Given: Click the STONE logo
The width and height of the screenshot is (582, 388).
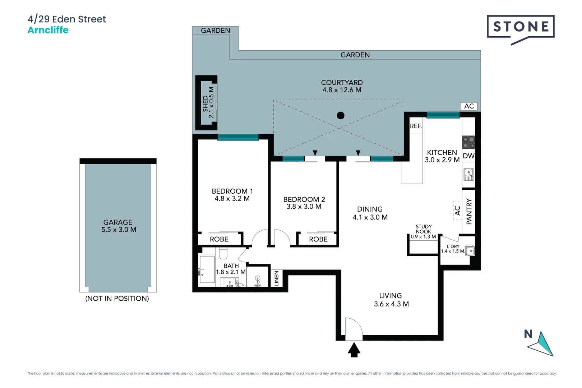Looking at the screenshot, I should pyautogui.click(x=521, y=27).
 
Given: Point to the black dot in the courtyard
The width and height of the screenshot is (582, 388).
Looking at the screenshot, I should pyautogui.click(x=341, y=115).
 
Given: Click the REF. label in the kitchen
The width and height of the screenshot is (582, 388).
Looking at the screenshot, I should pyautogui.click(x=416, y=126).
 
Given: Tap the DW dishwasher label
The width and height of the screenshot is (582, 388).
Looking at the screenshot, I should pyautogui.click(x=468, y=156).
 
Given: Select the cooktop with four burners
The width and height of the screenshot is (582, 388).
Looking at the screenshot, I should pyautogui.click(x=468, y=142).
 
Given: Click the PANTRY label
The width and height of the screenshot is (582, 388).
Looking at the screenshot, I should pyautogui.click(x=469, y=212).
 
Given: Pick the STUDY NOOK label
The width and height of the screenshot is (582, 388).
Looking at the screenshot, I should pyautogui.click(x=424, y=229).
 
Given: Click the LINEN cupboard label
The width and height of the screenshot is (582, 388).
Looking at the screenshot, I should pyautogui.click(x=276, y=278).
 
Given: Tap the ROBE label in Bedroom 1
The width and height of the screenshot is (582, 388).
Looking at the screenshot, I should pyautogui.click(x=219, y=239).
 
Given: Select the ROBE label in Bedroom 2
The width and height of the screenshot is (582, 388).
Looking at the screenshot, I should pyautogui.click(x=318, y=239).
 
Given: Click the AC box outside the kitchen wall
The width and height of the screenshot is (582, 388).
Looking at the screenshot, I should pyautogui.click(x=469, y=106).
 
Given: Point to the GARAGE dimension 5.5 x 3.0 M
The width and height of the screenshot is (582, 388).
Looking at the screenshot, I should pyautogui.click(x=119, y=230).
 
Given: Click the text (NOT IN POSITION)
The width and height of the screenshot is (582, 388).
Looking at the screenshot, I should pyautogui.click(x=117, y=299).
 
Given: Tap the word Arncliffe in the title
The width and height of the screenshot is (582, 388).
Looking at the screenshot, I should pyautogui.click(x=48, y=30).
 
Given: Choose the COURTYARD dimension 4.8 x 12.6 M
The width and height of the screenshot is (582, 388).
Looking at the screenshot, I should pyautogui.click(x=342, y=90).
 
